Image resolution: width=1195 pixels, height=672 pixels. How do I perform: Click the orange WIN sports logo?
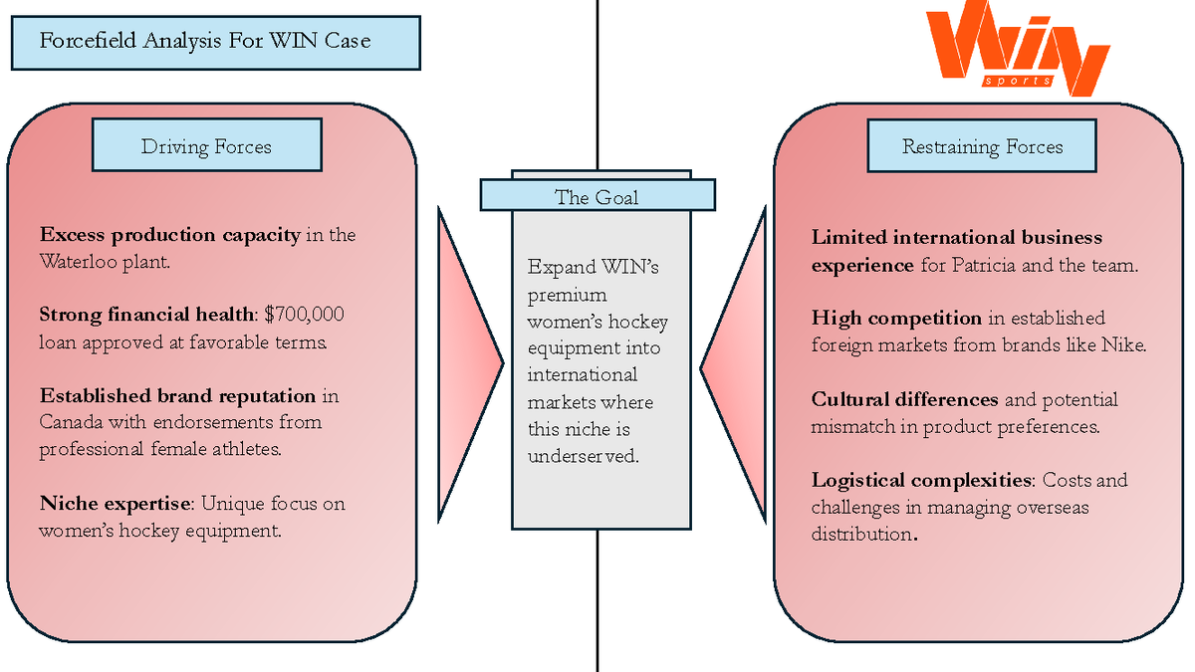pyautogui.click(x=1018, y=48)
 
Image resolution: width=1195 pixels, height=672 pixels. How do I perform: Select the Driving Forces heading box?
pyautogui.click(x=207, y=145)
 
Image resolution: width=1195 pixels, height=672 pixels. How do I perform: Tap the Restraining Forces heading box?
pyautogui.click(x=982, y=145)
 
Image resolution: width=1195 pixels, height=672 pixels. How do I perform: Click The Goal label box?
pyautogui.click(x=597, y=195)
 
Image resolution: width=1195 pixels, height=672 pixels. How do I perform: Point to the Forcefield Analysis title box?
pyautogui.click(x=216, y=43)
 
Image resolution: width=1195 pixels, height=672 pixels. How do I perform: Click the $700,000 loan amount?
pyautogui.click(x=304, y=315)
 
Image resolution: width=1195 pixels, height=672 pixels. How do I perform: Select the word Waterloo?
pyautogui.click(x=78, y=262)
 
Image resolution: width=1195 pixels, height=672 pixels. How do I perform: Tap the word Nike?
pyautogui.click(x=1123, y=345)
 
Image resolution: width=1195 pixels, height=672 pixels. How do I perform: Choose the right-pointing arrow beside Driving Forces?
pyautogui.click(x=470, y=363)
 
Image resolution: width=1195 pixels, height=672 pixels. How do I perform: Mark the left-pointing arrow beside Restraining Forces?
pyautogui.click(x=734, y=366)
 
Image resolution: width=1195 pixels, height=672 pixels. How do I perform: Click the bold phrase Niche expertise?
pyautogui.click(x=115, y=504)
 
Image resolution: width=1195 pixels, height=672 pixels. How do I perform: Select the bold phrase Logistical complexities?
pyautogui.click(x=921, y=481)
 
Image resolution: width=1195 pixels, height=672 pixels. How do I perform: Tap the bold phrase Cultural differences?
pyautogui.click(x=904, y=399)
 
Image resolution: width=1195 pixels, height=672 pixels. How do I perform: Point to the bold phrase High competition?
pyautogui.click(x=896, y=319)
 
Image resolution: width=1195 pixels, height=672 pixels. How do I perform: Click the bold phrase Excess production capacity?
pyautogui.click(x=170, y=235)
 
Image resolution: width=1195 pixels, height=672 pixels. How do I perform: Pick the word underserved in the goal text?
pyautogui.click(x=584, y=457)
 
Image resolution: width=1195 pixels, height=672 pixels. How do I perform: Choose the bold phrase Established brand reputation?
pyautogui.click(x=177, y=396)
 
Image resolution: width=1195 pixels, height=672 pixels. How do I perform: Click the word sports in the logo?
pyautogui.click(x=1018, y=81)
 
